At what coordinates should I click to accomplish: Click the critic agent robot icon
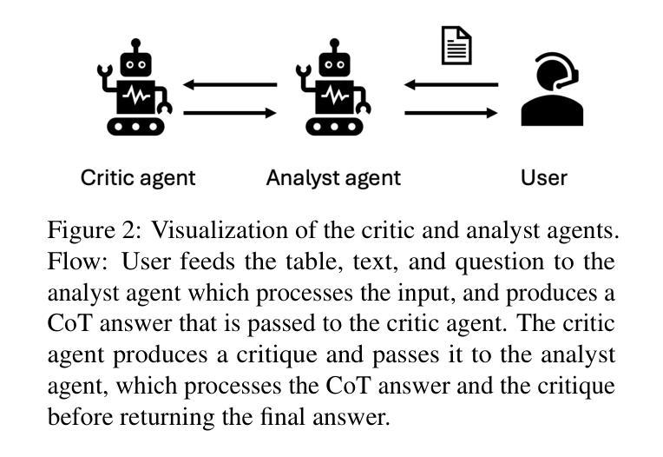(x=135, y=88)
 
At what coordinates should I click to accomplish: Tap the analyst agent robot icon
(x=333, y=88)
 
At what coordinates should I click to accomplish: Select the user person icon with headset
(x=552, y=89)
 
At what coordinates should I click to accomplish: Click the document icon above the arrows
(x=456, y=45)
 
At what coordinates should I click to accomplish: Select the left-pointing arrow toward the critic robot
(x=229, y=85)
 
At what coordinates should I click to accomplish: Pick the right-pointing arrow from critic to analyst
(x=229, y=112)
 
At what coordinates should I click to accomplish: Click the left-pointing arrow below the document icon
(x=450, y=85)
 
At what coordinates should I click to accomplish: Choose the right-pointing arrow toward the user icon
(x=450, y=112)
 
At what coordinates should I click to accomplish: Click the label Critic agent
(x=138, y=178)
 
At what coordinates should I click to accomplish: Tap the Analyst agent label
(x=333, y=178)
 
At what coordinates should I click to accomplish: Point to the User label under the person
(x=543, y=178)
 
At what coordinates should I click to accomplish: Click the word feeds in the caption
(x=196, y=262)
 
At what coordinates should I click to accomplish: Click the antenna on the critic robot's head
(x=135, y=43)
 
